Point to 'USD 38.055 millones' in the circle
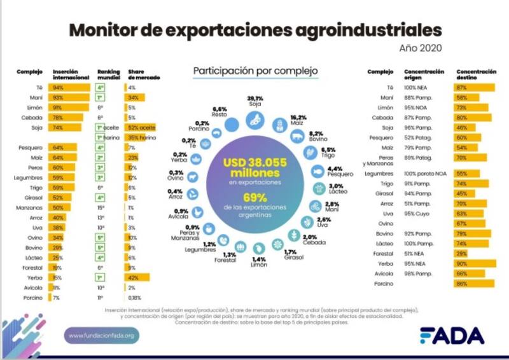click(254, 169)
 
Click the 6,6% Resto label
click(220, 112)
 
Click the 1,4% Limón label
click(258, 263)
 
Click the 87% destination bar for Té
click(474, 87)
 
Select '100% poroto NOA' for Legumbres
click(427, 173)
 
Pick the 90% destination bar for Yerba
click(475, 263)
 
